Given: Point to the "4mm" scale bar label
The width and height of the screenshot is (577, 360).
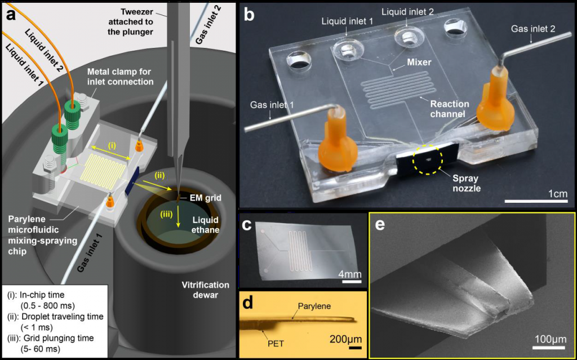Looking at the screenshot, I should tap(350, 274).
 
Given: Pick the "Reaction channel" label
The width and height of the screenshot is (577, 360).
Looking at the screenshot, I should tap(451, 109).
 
